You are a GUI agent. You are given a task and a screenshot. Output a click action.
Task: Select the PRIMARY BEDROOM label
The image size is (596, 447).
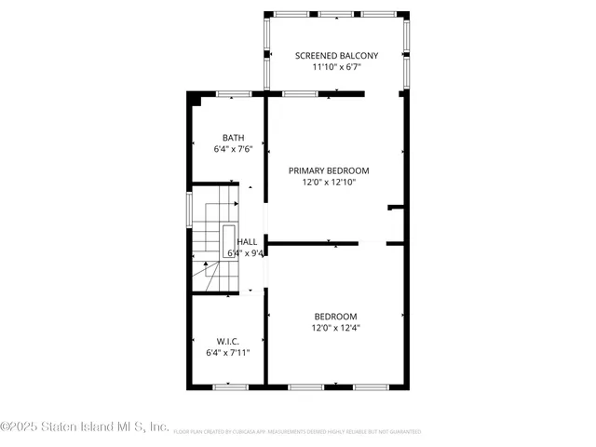(329, 170)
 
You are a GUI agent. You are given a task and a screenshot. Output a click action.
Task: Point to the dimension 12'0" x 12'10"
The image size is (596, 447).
(329, 183)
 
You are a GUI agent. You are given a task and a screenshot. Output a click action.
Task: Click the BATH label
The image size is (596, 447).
(233, 138)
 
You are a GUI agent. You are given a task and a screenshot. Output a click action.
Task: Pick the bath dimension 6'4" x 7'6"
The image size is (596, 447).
(233, 149)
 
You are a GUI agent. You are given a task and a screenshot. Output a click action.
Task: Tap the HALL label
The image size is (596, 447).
(247, 241)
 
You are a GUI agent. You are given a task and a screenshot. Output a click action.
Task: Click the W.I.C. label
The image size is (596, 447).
(228, 341)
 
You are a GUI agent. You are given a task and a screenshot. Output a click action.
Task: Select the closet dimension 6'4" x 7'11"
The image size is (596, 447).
(228, 353)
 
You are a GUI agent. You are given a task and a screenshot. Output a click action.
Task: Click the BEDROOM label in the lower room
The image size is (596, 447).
(335, 316)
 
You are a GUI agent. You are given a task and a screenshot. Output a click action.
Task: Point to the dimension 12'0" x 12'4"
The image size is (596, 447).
(335, 328)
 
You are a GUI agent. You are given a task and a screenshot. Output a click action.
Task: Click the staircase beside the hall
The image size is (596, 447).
(214, 237)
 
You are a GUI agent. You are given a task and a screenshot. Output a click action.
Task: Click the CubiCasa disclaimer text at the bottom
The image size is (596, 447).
(296, 432)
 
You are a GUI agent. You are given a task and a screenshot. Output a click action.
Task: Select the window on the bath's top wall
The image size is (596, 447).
(234, 94)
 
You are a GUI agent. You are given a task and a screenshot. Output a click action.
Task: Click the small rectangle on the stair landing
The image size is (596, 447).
(228, 240)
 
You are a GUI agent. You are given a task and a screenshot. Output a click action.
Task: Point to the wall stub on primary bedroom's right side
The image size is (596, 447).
(396, 207)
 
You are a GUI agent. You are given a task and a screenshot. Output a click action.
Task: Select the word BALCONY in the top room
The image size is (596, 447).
(354, 56)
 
